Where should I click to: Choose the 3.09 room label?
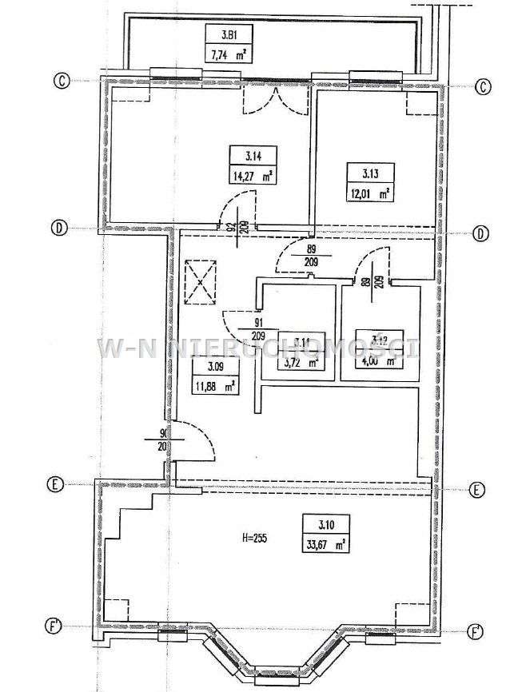click(214, 368)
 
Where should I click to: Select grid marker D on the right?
click(480, 233)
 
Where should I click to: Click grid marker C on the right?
click(482, 88)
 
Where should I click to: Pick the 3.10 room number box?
click(325, 527)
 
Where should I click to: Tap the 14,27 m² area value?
click(251, 177)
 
